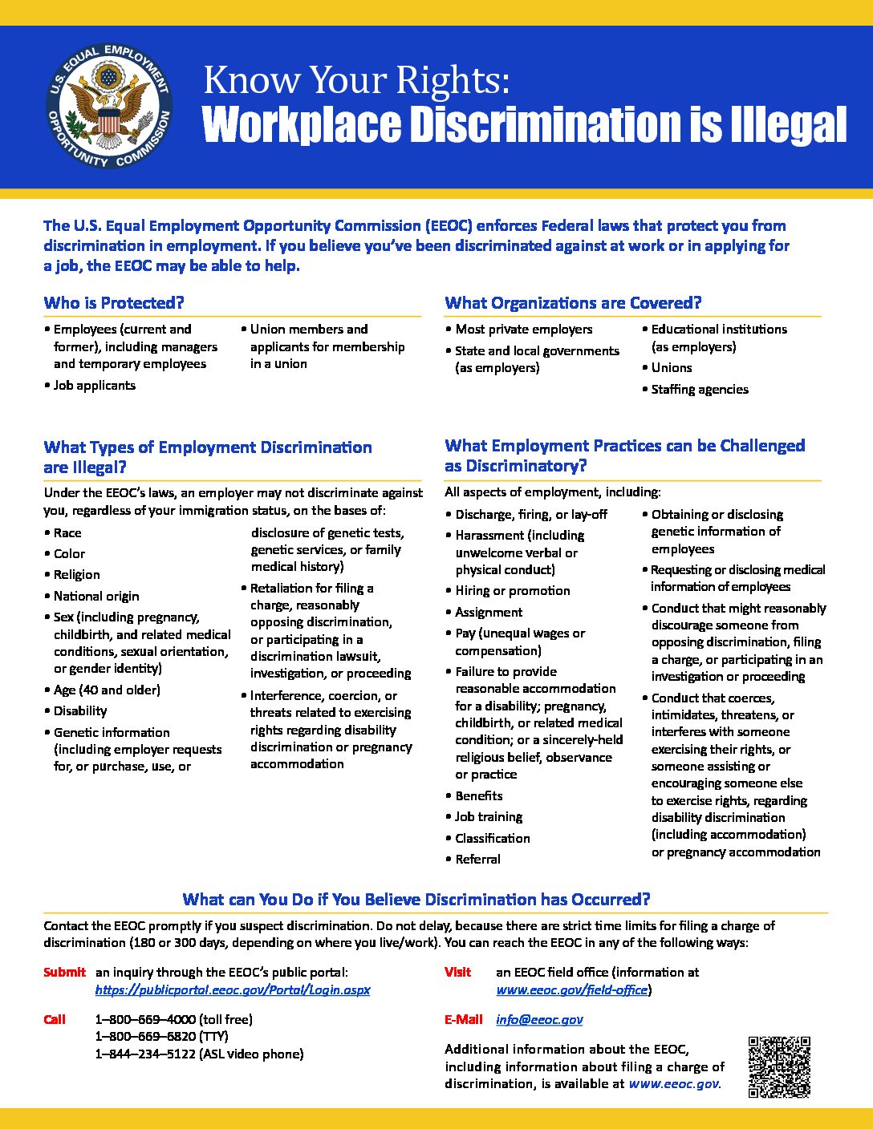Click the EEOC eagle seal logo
click(x=108, y=106)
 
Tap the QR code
click(x=779, y=1066)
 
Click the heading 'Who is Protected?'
click(x=114, y=303)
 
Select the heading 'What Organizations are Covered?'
click(x=573, y=303)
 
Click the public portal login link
click(x=232, y=989)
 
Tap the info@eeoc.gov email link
click(x=539, y=1019)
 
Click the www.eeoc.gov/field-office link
click(x=571, y=989)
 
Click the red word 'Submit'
click(x=64, y=972)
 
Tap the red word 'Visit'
click(x=457, y=972)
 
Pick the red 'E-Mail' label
click(x=464, y=1019)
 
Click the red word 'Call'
click(x=55, y=1019)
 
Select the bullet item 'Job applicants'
click(x=94, y=386)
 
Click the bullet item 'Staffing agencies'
click(x=700, y=390)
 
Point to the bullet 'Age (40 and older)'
click(x=107, y=690)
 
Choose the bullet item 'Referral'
click(x=477, y=859)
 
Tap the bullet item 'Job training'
click(x=489, y=816)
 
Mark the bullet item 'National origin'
click(x=96, y=596)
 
